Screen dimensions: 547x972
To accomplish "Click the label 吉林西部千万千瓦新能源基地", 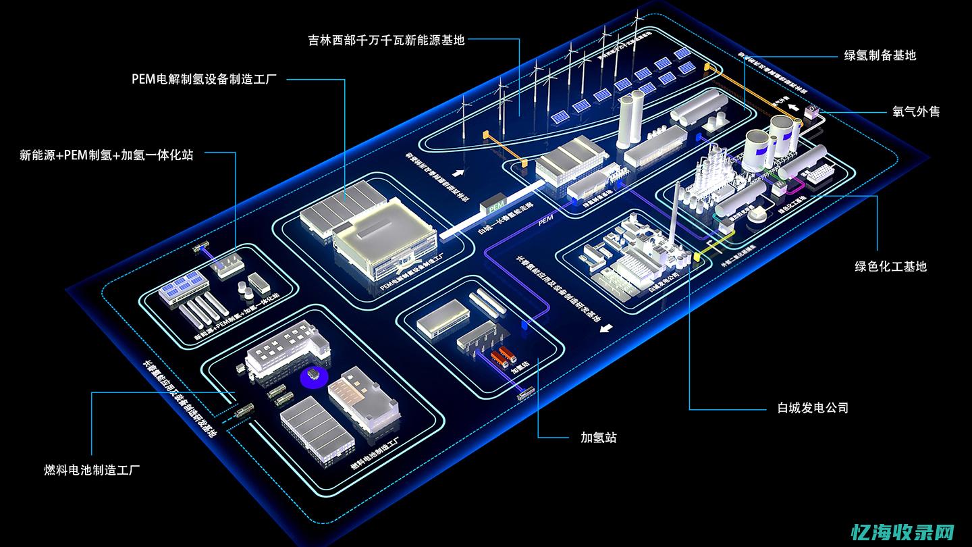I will point(387,40).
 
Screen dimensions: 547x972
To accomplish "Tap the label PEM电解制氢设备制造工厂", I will point(204,79).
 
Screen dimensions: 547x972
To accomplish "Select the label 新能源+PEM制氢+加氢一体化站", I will point(106,155).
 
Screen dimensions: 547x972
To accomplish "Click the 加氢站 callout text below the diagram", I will point(599,438).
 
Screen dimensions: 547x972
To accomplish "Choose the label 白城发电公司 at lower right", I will point(813,408).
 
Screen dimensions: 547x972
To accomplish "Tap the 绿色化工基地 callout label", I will point(891,266).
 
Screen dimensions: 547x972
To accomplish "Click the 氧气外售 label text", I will point(916,111).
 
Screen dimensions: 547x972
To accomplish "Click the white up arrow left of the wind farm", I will point(459,172).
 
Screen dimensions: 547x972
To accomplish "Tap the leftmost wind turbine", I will point(464,122).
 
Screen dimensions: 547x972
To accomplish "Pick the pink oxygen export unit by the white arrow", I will point(810,113).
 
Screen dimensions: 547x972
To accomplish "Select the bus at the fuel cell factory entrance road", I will point(244,409).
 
